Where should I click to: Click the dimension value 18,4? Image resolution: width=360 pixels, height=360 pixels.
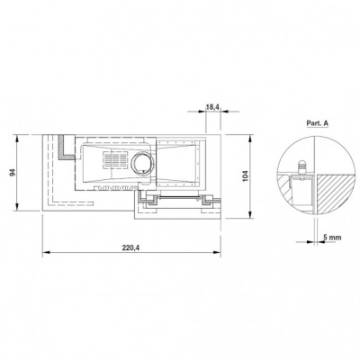[x=212, y=107]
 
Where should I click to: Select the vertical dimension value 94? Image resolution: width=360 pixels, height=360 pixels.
[x=13, y=173]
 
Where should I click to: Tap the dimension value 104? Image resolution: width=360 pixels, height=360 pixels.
[x=245, y=176]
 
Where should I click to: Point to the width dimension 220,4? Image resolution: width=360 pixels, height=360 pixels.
[x=131, y=247]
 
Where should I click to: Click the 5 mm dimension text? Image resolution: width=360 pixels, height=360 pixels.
[x=332, y=238]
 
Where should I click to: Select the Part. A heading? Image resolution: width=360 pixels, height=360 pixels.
[x=318, y=123]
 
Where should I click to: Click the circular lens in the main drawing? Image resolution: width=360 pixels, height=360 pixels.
[x=143, y=164]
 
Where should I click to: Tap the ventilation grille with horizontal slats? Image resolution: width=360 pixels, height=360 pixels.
[x=115, y=159]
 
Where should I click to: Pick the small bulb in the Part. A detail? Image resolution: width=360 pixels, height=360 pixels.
[x=302, y=166]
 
